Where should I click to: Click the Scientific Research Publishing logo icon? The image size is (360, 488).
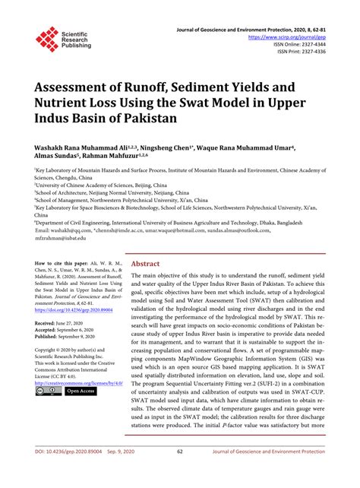[47, 39]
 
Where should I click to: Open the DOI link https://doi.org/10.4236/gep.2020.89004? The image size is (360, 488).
[71, 309]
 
